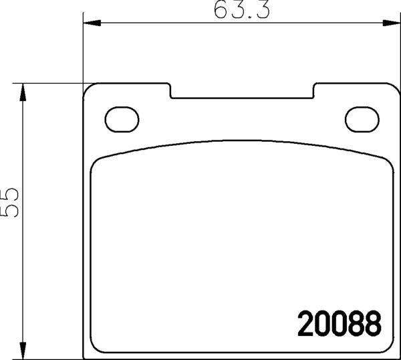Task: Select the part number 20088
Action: (x=340, y=325)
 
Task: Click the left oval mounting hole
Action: (x=122, y=119)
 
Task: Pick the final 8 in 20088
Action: (x=373, y=325)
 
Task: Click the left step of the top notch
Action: (x=170, y=90)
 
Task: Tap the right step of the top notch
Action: (x=315, y=90)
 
